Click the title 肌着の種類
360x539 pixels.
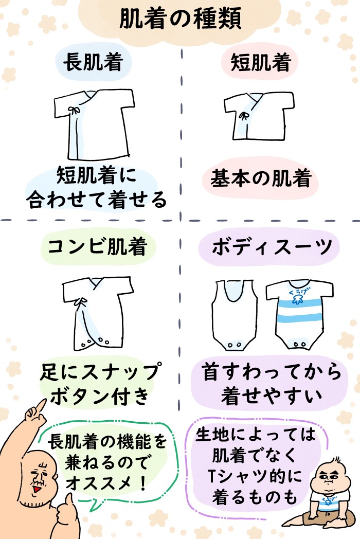[179, 20]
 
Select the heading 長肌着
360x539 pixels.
[93, 63]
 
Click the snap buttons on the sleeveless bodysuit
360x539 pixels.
[234, 344]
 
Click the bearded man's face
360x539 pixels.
[39, 476]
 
